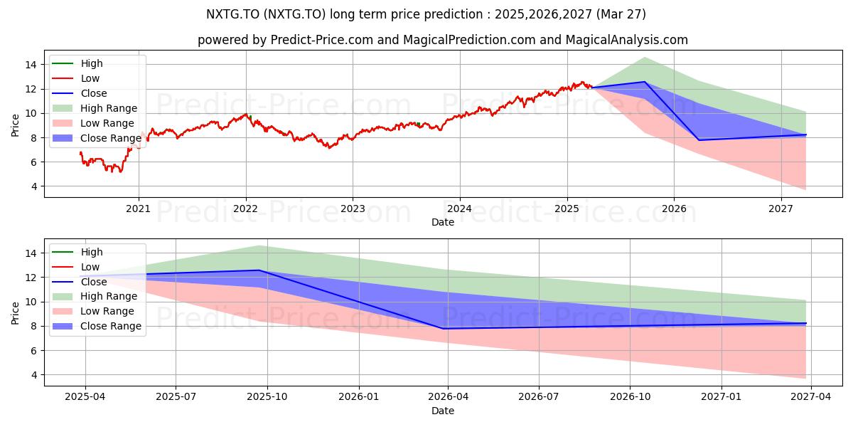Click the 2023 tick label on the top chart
coord(353,209)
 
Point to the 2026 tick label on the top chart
coord(674,209)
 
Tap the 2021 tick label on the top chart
coord(138,209)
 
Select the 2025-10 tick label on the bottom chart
coord(267,397)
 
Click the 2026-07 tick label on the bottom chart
coord(539,397)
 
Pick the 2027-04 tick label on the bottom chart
coord(811,397)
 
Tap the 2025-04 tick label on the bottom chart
coord(85,397)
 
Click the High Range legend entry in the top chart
coord(95,108)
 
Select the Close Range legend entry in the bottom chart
coord(97,326)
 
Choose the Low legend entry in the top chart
coord(75,78)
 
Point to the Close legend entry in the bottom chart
coord(79,282)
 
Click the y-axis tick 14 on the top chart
coord(31,65)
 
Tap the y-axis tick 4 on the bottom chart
coord(34,375)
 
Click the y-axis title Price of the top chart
coord(15,125)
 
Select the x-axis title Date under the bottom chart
coord(442,411)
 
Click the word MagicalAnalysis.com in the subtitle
coord(626,40)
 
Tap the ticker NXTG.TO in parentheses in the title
coord(294,14)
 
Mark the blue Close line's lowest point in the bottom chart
coord(442,329)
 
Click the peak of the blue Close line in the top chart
coord(645,82)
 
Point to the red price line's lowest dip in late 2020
coord(120,172)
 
